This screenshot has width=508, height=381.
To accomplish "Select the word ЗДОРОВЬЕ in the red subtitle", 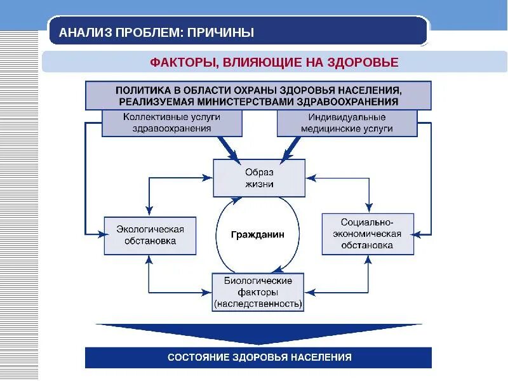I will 363,62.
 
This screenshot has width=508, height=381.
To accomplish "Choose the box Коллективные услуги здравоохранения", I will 172,123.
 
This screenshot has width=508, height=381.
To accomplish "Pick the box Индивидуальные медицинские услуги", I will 347,123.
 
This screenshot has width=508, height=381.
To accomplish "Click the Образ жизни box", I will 258,178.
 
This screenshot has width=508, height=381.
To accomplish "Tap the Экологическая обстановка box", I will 150,235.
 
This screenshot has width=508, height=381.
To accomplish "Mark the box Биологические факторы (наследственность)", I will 258,293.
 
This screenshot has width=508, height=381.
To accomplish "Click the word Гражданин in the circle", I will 257,234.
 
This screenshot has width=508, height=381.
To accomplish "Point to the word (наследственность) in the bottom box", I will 258,304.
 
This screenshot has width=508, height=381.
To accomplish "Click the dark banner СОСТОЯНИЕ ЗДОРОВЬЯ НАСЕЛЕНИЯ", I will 258,358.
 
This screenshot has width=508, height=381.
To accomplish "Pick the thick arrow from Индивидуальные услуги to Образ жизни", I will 293,150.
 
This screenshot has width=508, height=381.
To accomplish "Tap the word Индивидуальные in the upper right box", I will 347,117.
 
